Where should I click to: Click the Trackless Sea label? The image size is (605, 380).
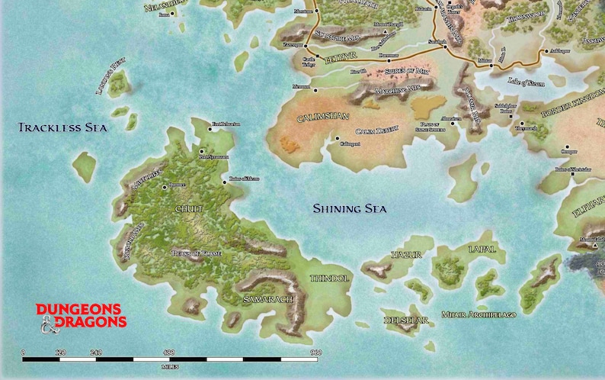(62, 128)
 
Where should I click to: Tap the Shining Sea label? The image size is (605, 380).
(350, 209)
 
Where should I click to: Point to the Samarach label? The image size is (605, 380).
(267, 300)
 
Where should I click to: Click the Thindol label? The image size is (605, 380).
(329, 279)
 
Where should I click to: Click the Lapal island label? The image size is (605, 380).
(484, 250)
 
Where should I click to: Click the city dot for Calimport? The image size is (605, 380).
(337, 139)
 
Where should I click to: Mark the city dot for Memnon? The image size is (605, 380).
(314, 87)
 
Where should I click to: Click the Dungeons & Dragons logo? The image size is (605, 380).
(79, 314)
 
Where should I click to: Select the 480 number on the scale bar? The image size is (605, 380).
(169, 352)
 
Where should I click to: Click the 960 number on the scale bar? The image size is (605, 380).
(315, 352)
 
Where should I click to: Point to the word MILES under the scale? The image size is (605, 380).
(170, 366)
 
